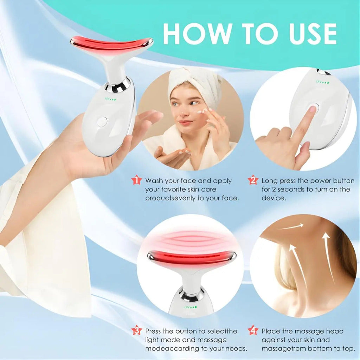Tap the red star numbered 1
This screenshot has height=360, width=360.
point(137,180)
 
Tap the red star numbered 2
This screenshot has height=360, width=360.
point(253,180)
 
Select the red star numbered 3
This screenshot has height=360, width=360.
point(137,330)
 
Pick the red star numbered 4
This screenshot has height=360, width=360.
point(253,330)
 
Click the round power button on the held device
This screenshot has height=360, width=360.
point(102,122)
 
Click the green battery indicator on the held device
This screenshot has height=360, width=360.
point(110,99)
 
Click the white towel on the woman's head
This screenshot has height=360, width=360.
point(195,81)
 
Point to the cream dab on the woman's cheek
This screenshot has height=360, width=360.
point(200,112)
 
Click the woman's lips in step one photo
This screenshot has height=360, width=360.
point(185,122)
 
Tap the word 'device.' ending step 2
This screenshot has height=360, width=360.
point(274,198)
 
